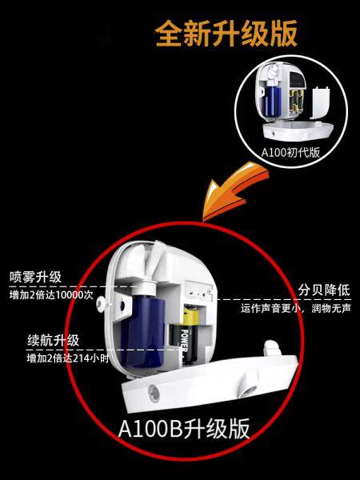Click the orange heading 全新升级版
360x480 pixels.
click(x=226, y=33)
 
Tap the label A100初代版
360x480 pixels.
click(x=290, y=152)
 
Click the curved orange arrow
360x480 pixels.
click(x=234, y=190)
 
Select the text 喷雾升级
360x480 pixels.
click(x=35, y=278)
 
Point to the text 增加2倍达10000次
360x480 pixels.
click(x=51, y=295)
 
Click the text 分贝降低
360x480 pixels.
click(x=324, y=290)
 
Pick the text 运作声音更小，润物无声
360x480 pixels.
click(x=296, y=308)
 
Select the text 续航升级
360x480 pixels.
click(x=54, y=341)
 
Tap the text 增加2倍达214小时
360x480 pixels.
click(x=68, y=358)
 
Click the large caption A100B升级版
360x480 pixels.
click(x=184, y=429)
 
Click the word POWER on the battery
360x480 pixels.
click(x=184, y=341)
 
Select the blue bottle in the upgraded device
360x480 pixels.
click(x=142, y=330)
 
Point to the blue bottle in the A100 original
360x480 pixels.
click(x=273, y=101)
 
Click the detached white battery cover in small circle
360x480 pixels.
click(x=319, y=102)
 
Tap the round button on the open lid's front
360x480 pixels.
click(x=154, y=394)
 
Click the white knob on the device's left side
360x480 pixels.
click(x=101, y=304)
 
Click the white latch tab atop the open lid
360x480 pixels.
click(x=273, y=348)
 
